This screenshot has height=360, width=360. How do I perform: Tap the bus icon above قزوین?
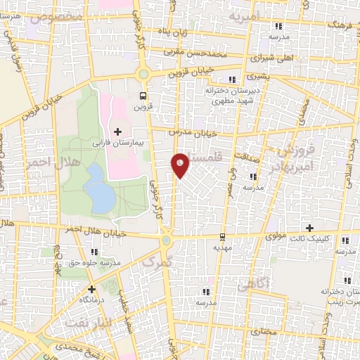point(143,96)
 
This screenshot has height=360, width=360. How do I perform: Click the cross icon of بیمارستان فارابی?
point(117,130)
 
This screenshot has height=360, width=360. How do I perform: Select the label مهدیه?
point(222,247)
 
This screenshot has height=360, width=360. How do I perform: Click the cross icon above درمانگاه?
point(91,288)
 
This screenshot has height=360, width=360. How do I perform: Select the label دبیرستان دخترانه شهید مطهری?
point(233,96)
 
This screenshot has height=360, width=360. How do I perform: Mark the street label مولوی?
point(277,237)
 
